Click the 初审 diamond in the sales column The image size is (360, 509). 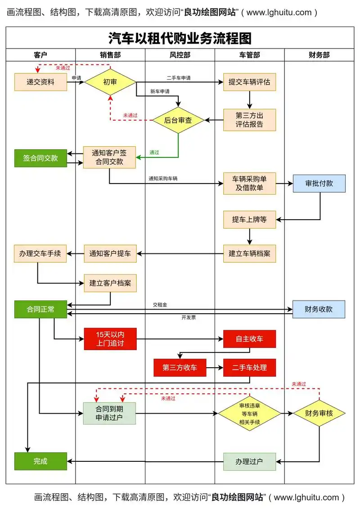pyautogui.click(x=110, y=82)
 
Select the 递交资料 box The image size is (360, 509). pyautogui.click(x=40, y=82)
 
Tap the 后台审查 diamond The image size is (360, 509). pyautogui.click(x=178, y=120)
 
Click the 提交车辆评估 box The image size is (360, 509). pyautogui.click(x=249, y=82)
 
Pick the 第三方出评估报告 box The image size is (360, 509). pyautogui.click(x=249, y=120)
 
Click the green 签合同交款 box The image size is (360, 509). pyautogui.click(x=40, y=158)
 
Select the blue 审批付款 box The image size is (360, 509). pyautogui.click(x=319, y=184)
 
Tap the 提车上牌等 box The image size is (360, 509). pyautogui.click(x=249, y=220)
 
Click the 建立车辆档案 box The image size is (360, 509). pyautogui.click(x=249, y=253)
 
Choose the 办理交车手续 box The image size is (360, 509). pyautogui.click(x=40, y=253)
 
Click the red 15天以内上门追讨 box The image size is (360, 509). pyautogui.click(x=110, y=339)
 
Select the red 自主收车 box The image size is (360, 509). pyautogui.click(x=249, y=339)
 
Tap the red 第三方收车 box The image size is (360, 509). pyautogui.click(x=180, y=368)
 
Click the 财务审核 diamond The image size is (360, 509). pyautogui.click(x=319, y=413)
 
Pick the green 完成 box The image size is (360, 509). pyautogui.click(x=40, y=461)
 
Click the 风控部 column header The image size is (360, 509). pyautogui.click(x=180, y=55)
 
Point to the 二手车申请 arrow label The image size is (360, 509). pyautogui.click(x=178, y=78)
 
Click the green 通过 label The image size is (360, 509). pyautogui.click(x=154, y=153)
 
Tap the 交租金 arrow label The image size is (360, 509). pyautogui.click(x=160, y=305)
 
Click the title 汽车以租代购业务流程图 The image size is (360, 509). pyautogui.click(x=180, y=38)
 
